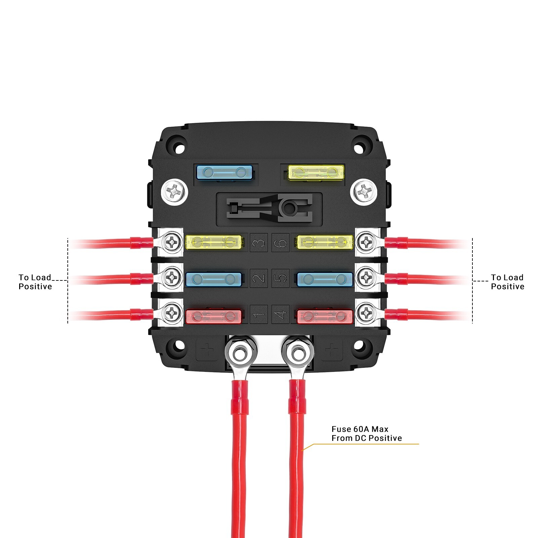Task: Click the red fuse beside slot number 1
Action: [214, 316]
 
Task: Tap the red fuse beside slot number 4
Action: [324, 316]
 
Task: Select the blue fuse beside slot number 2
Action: [214, 279]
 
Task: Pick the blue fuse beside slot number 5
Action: [324, 279]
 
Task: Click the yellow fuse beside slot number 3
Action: [214, 242]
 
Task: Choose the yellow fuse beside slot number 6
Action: [324, 242]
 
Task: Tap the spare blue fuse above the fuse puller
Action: [224, 172]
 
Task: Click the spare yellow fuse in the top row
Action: [316, 172]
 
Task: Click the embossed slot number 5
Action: [280, 278]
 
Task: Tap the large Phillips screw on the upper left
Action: [175, 192]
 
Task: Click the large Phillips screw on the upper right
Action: [363, 192]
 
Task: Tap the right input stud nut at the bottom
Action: [298, 353]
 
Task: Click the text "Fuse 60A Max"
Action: [360, 429]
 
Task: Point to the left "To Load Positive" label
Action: [35, 282]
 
